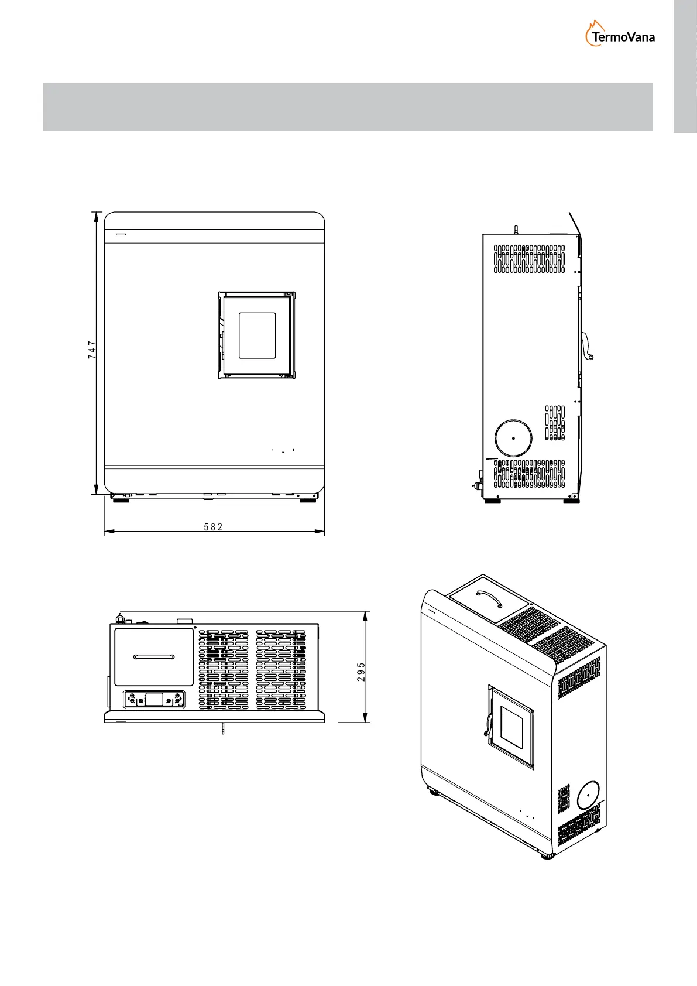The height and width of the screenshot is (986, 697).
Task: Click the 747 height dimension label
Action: pyautogui.click(x=92, y=351)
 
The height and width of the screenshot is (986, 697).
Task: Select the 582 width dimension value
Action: pyautogui.click(x=214, y=527)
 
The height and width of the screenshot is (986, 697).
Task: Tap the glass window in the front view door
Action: pyautogui.click(x=257, y=335)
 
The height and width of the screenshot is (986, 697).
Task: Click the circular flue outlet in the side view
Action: pyautogui.click(x=513, y=438)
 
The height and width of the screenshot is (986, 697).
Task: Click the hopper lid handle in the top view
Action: pyautogui.click(x=153, y=657)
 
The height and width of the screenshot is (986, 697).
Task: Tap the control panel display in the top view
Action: pyautogui.click(x=154, y=699)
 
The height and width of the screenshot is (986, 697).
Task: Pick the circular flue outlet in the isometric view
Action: pyautogui.click(x=588, y=796)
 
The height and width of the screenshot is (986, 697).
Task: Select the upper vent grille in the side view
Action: pyautogui.click(x=529, y=259)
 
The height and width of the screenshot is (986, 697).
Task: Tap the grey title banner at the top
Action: pyautogui.click(x=348, y=107)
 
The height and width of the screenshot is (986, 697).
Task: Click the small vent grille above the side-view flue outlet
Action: pyautogui.click(x=555, y=423)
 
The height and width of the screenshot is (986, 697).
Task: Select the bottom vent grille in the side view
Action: pyautogui.click(x=529, y=474)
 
